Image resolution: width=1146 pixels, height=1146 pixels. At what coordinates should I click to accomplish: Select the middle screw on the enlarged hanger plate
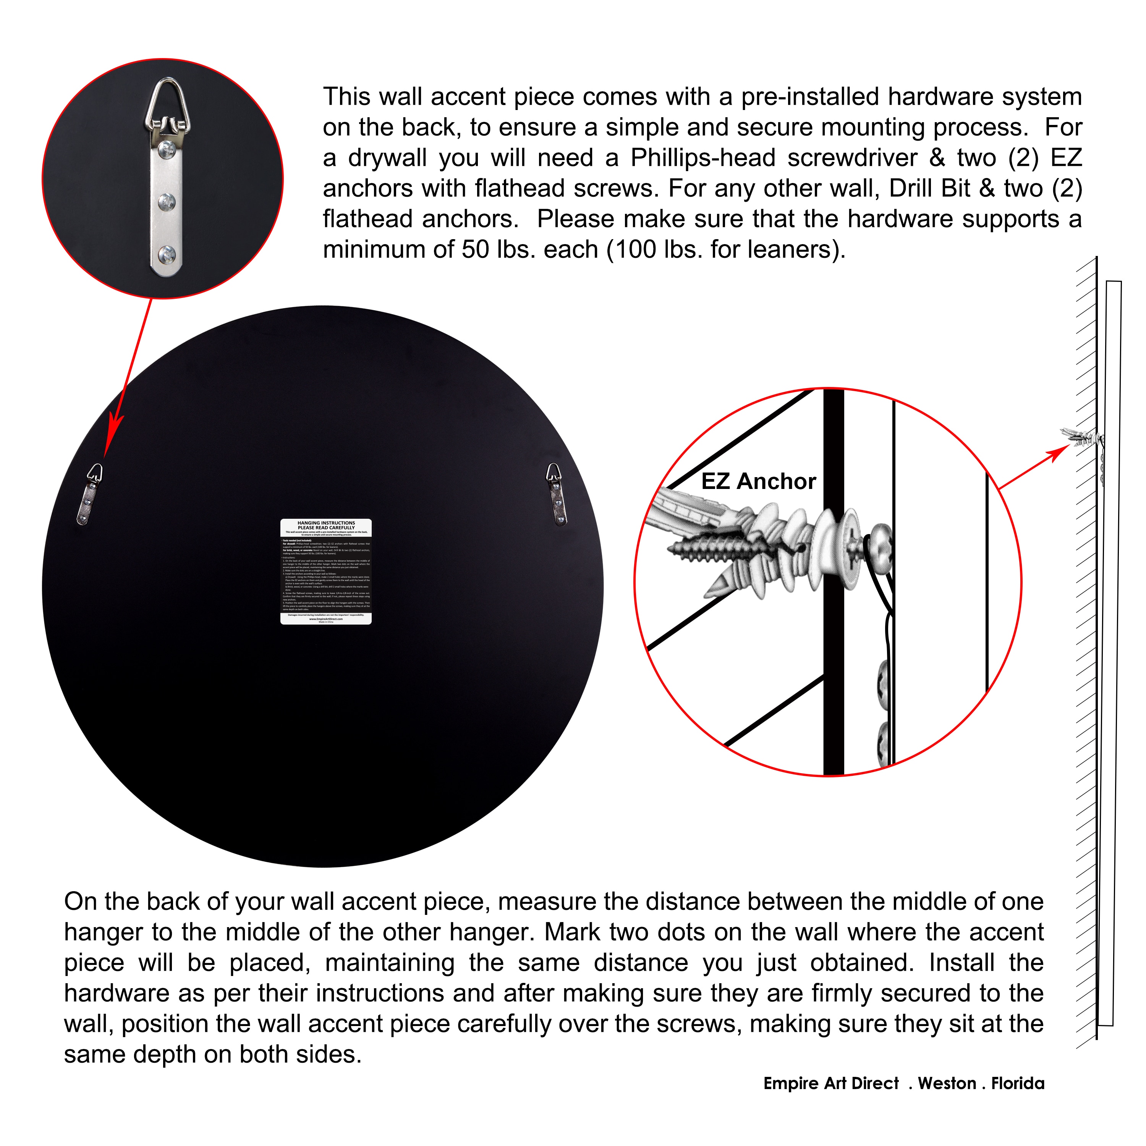coord(167,202)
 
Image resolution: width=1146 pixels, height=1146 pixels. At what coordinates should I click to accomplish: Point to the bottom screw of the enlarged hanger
coord(167,255)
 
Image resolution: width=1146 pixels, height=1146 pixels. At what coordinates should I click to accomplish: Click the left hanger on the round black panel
coord(89,494)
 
